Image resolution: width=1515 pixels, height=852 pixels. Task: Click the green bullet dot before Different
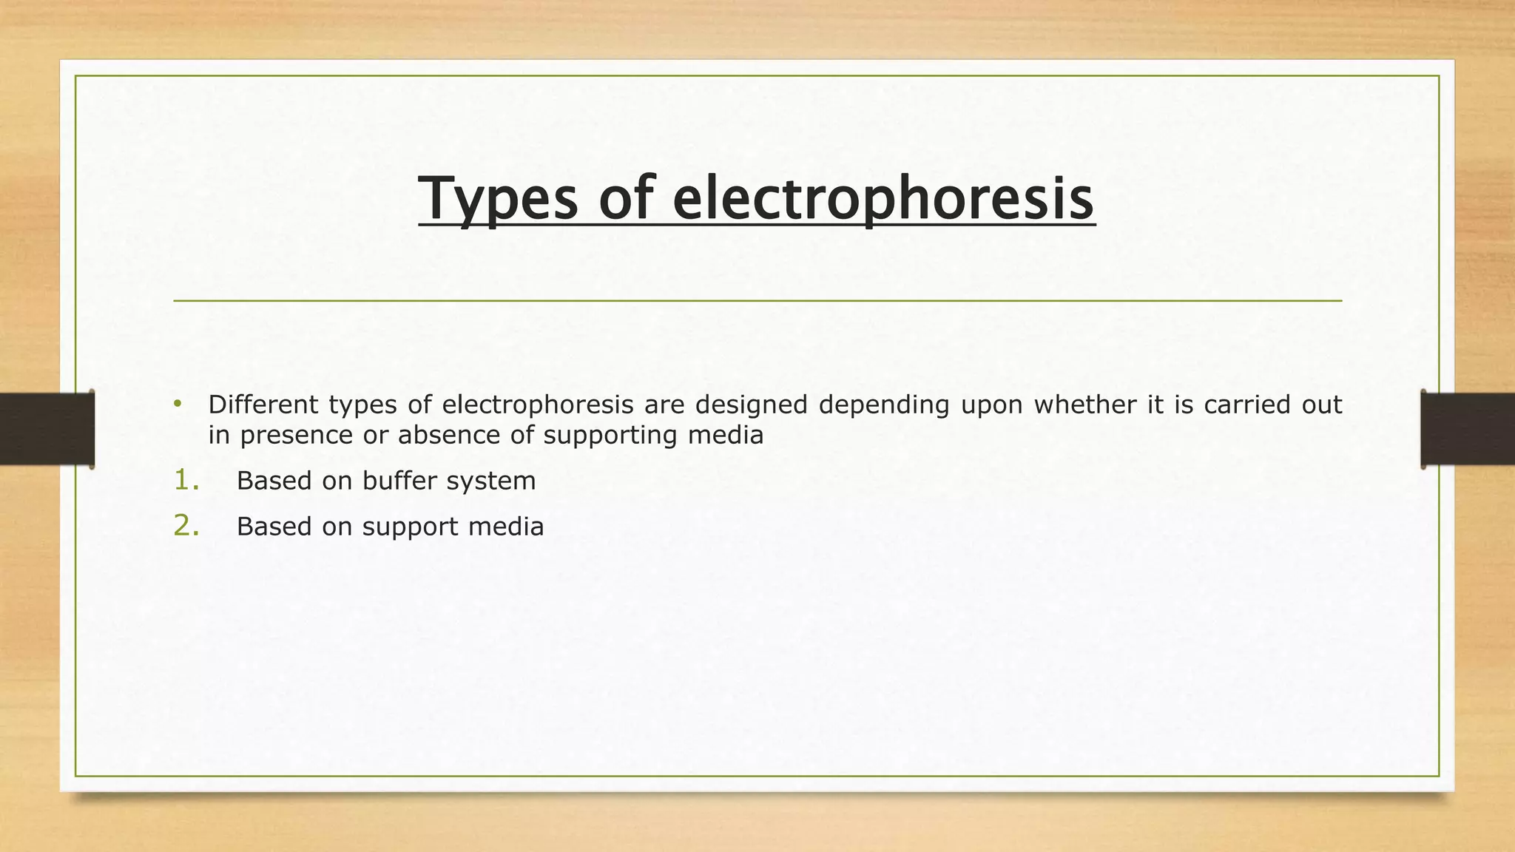coord(178,404)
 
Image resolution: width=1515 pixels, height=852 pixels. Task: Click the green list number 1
coord(186,480)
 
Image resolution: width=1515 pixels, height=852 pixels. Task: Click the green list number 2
coord(186,526)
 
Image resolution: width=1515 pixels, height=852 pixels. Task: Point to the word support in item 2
coord(410,527)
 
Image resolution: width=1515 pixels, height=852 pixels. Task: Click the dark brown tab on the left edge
coord(47,429)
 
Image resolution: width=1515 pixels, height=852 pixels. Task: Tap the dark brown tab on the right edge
coord(1468,429)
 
